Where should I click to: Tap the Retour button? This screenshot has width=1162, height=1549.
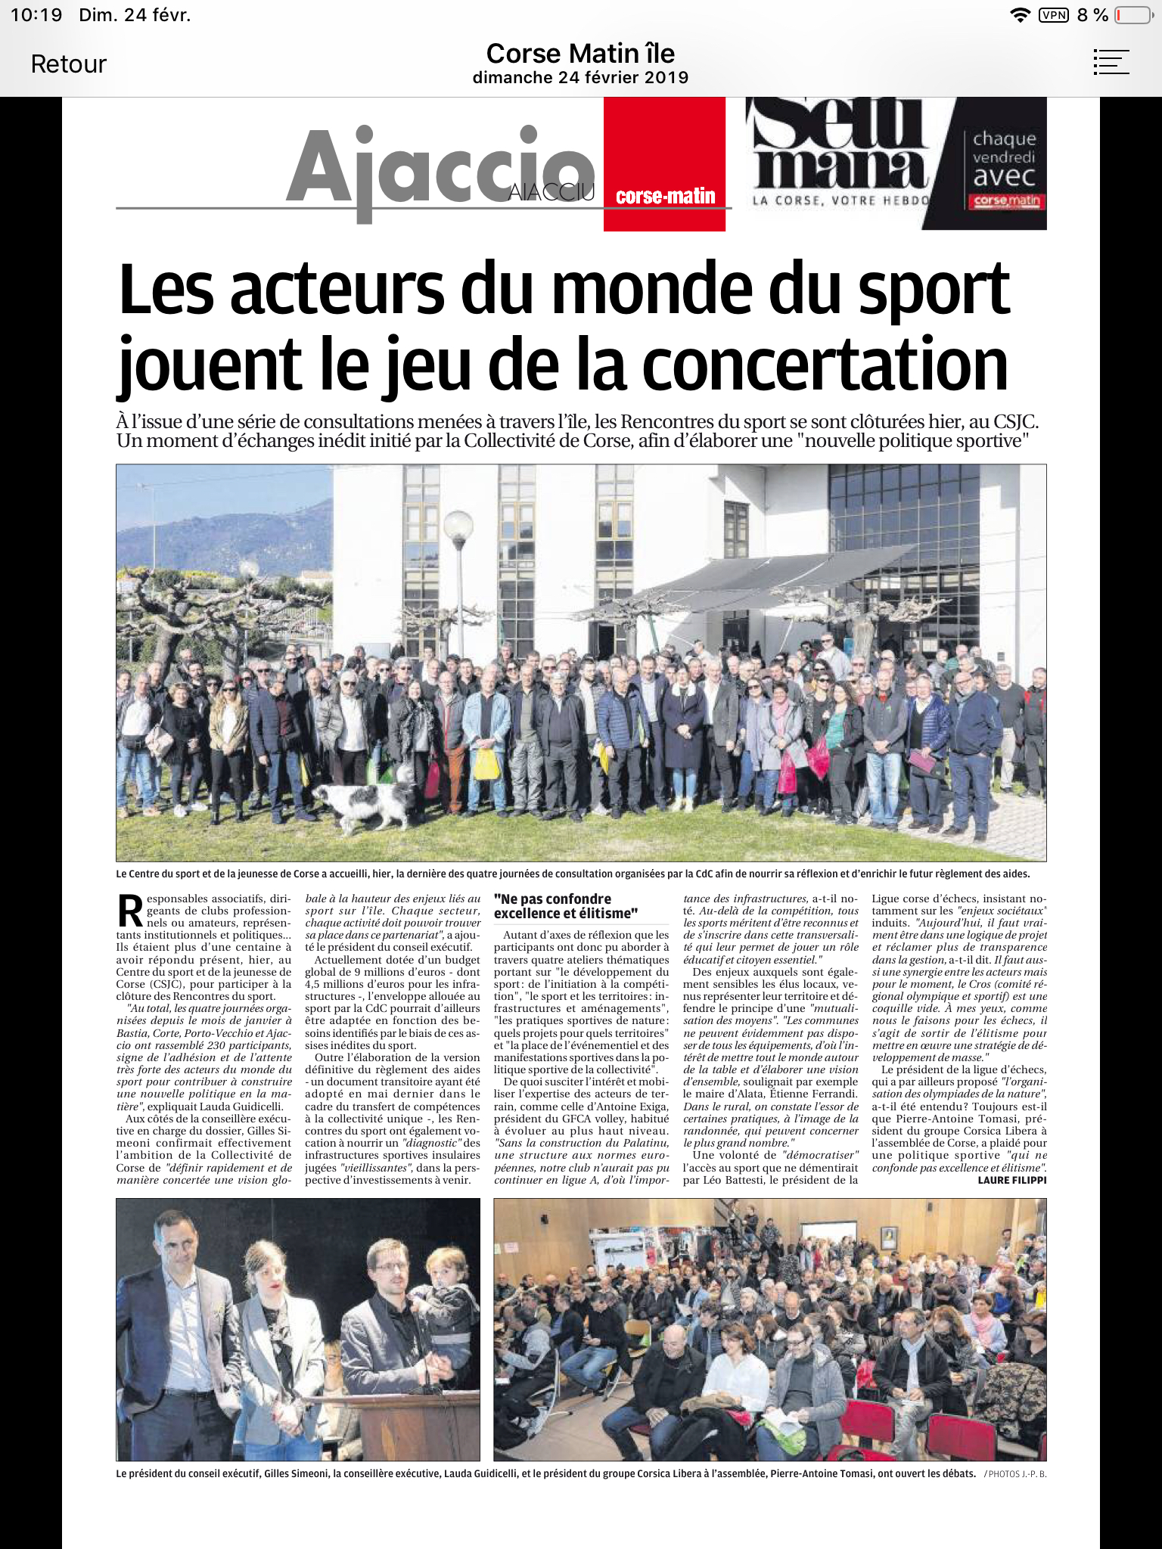[68, 64]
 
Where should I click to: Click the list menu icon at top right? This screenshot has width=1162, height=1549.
[1111, 62]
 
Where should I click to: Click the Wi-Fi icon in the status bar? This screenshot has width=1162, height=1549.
[1021, 15]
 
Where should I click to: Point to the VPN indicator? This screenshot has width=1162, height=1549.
[1054, 15]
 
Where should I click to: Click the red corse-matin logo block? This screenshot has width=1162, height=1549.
[664, 165]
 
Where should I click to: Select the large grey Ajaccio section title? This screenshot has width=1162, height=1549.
[439, 170]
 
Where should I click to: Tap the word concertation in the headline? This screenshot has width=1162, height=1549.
[825, 365]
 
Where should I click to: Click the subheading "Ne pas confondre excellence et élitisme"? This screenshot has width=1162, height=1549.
[566, 905]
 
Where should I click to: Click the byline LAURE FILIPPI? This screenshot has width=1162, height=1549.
[1011, 1180]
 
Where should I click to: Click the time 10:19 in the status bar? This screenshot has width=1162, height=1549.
[36, 15]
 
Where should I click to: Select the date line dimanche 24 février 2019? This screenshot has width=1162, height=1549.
[580, 77]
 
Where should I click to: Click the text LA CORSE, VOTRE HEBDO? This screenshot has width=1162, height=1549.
[840, 200]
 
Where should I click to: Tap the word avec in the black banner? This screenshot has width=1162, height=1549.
[1004, 177]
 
